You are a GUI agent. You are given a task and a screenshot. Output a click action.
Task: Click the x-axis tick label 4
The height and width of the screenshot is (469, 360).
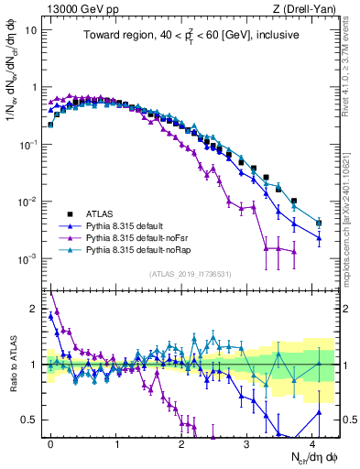click(311, 442)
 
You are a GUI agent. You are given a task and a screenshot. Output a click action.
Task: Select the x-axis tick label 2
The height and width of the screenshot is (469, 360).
click(181, 442)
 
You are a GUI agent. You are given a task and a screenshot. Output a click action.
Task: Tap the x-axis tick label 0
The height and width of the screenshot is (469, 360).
click(50, 442)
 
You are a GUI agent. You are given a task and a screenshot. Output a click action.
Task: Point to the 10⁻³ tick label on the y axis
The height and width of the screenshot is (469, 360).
click(28, 258)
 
